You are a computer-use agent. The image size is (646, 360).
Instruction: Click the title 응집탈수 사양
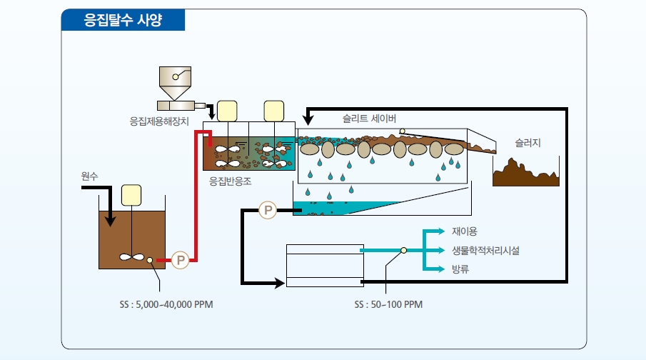[x=122, y=20]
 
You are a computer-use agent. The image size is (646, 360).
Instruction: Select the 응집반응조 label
[x=230, y=181]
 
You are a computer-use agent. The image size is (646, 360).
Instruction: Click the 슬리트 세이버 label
[x=370, y=119]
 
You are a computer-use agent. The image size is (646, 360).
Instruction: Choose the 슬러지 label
[x=528, y=143]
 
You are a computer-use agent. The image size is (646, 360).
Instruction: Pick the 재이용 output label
[x=464, y=231]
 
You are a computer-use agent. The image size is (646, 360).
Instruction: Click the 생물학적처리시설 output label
[x=485, y=251]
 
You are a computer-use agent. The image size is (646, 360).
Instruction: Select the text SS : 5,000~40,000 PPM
[x=166, y=305]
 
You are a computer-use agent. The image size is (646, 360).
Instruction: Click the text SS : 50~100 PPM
[x=388, y=305]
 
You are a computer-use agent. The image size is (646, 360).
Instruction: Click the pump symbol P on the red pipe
[x=180, y=260]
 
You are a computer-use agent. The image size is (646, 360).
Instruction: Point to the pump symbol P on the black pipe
[x=268, y=210]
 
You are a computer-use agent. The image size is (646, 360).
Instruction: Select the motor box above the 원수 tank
[x=131, y=195]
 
